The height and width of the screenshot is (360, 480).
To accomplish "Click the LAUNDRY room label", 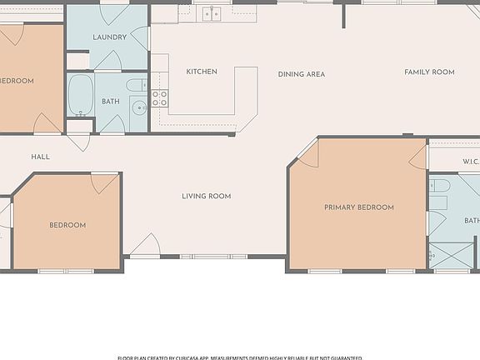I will [109, 37].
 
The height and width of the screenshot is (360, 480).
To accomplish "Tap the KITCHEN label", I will [202, 72].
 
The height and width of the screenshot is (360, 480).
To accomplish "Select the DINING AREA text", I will [302, 74].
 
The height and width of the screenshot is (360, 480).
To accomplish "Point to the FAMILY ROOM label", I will [429, 72].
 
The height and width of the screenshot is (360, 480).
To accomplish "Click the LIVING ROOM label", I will [207, 196].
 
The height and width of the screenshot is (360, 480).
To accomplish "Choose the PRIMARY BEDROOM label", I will [359, 207].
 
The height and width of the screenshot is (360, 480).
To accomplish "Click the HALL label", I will [40, 157].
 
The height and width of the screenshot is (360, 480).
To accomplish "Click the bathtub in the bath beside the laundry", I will [80, 96].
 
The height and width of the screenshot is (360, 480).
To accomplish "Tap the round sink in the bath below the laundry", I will [139, 108].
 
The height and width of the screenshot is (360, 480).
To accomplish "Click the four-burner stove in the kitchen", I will [159, 98].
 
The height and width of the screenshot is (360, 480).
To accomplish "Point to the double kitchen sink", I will [212, 12].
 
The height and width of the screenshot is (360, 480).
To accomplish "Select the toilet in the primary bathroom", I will [440, 185].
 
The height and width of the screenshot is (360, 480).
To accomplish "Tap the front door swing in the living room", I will [145, 245].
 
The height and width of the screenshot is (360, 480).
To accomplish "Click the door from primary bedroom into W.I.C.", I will [419, 157].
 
